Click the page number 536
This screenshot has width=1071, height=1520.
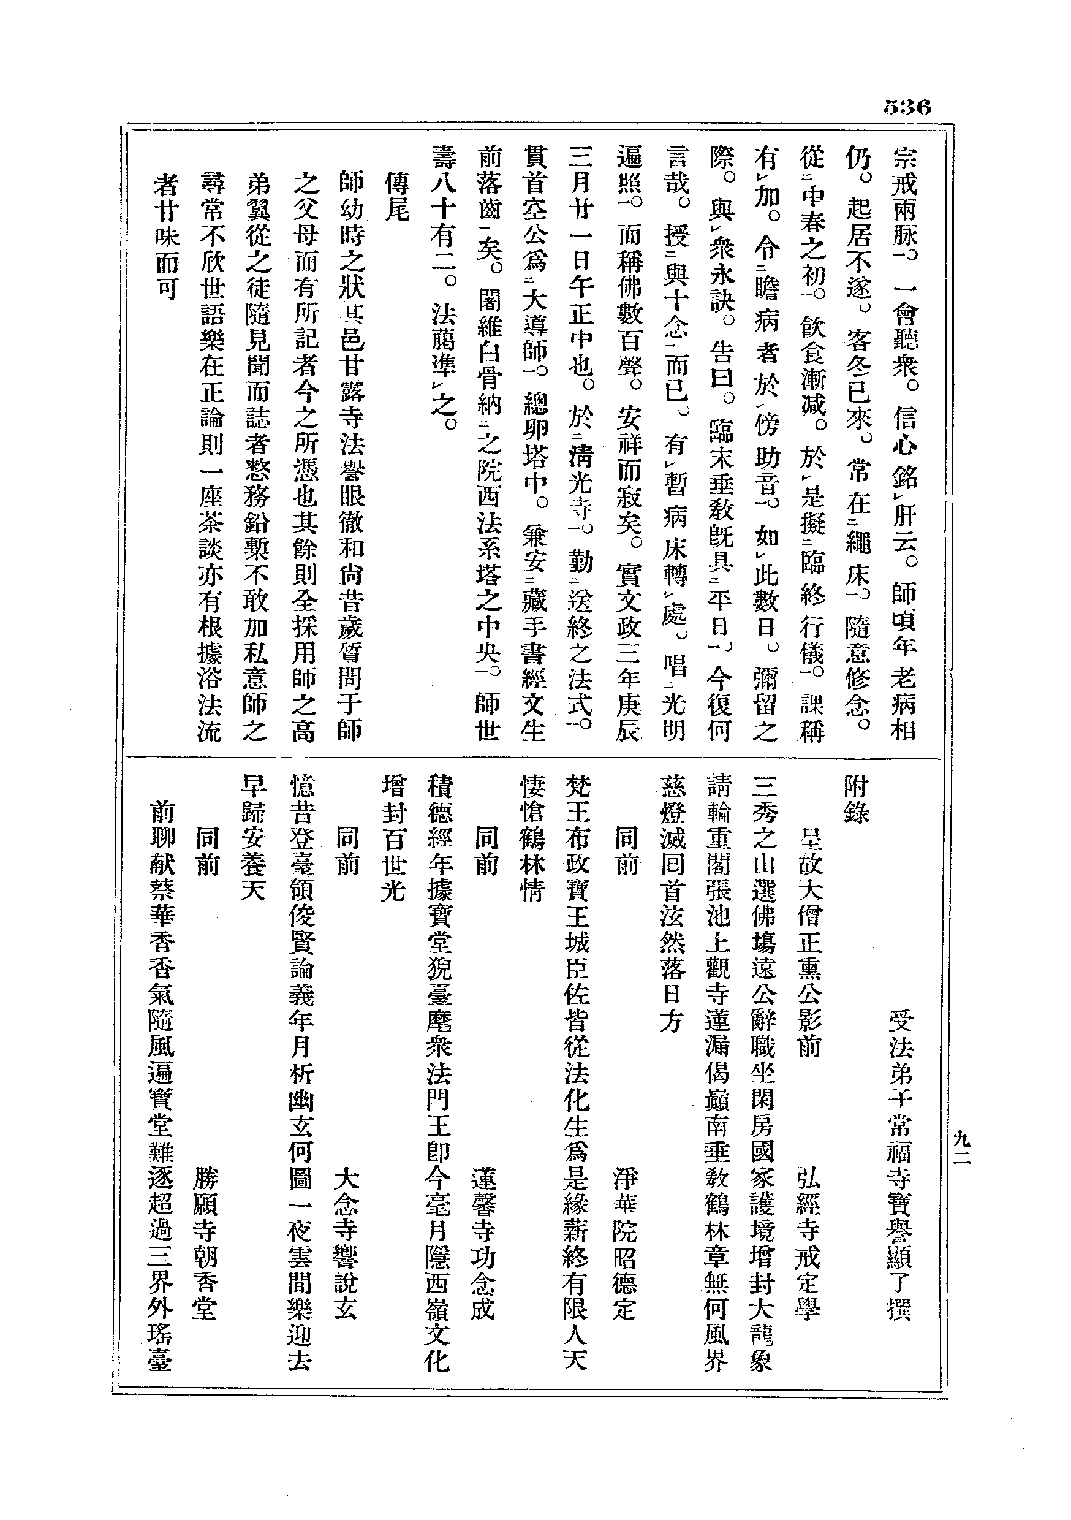click(906, 107)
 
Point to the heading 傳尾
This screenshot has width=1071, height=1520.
click(397, 197)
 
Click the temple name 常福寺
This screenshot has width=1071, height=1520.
click(899, 1149)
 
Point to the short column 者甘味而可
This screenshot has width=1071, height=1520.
click(165, 237)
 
